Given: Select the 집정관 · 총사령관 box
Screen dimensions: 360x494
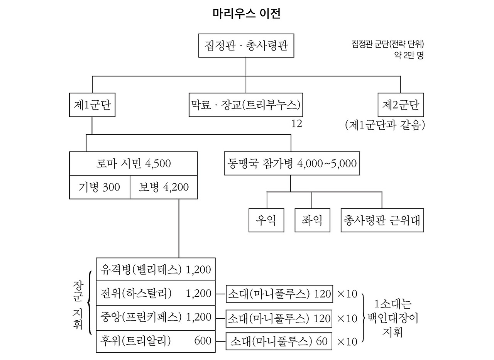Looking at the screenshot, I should point(246,46).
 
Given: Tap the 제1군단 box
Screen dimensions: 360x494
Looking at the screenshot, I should point(92,105).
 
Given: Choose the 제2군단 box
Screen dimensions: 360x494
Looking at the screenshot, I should point(400,105).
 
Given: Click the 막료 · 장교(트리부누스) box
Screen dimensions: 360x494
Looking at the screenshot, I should point(246,105).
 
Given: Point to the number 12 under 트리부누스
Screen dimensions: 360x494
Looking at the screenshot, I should point(297,124).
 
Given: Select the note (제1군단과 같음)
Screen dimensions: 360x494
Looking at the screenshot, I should point(385,125).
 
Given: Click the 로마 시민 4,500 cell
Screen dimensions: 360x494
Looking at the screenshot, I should point(133,164).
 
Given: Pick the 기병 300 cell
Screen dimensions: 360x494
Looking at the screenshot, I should point(100,187).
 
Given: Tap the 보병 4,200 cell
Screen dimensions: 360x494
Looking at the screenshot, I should point(164,187).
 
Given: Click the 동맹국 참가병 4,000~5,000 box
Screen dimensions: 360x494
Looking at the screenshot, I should point(291,164).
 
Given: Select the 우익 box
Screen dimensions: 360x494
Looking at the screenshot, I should point(266,220).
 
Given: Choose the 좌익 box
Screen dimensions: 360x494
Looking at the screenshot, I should point(312,220).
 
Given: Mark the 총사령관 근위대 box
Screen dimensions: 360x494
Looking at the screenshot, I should point(382,220).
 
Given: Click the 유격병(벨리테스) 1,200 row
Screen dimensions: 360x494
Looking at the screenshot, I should point(156,269).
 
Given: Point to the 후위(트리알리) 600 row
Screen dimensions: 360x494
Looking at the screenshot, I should point(156,341).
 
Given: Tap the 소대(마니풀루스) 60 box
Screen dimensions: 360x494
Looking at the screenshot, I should point(279,341).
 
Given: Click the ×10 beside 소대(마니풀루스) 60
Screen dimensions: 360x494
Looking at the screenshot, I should point(347,341).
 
